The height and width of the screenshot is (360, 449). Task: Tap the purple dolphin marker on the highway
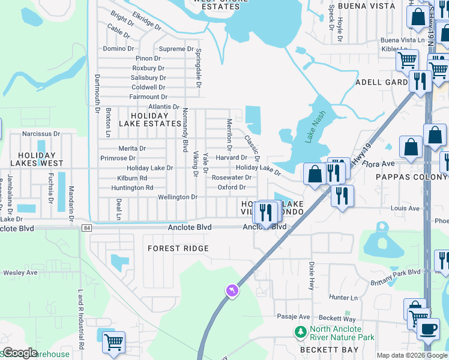[232, 291]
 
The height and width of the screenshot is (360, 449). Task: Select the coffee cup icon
[428, 328]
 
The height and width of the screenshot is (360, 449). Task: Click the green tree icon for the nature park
[300, 332]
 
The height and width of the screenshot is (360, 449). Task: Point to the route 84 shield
[87, 228]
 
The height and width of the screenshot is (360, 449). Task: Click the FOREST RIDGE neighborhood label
[179, 248]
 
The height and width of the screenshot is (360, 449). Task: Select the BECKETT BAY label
[330, 350]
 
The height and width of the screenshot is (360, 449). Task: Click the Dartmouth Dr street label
[97, 93]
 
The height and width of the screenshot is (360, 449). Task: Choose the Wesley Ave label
[20, 272]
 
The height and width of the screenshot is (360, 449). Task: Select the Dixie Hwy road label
[312, 275]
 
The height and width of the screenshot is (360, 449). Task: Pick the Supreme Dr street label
[176, 49]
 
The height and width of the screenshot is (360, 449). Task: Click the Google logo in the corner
[19, 353]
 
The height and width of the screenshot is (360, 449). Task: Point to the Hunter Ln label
[343, 297]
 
